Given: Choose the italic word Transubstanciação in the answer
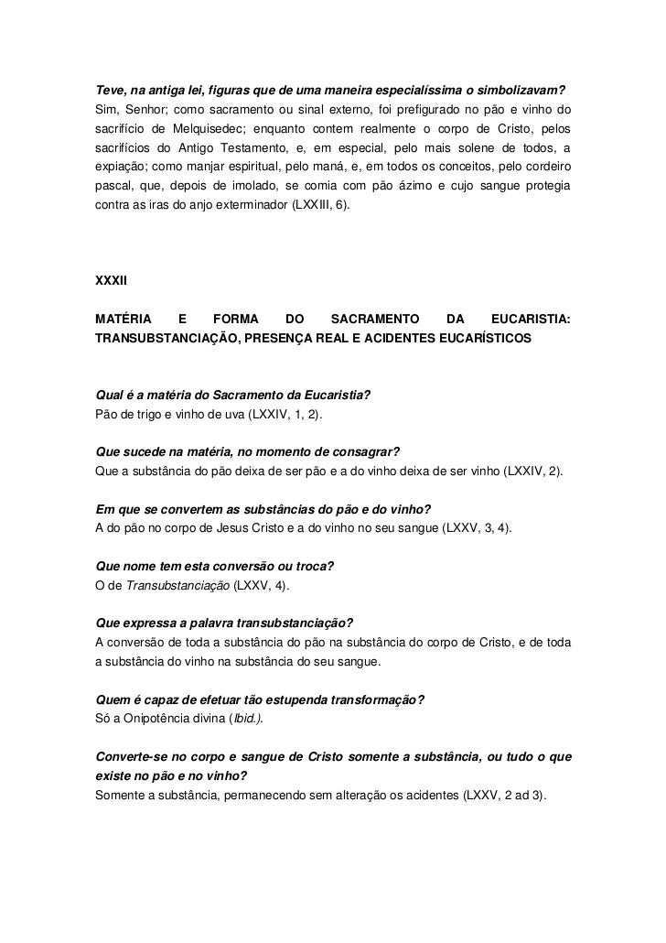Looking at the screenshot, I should pyautogui.click(x=177, y=586).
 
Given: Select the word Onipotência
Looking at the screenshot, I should pyautogui.click(x=149, y=721).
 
